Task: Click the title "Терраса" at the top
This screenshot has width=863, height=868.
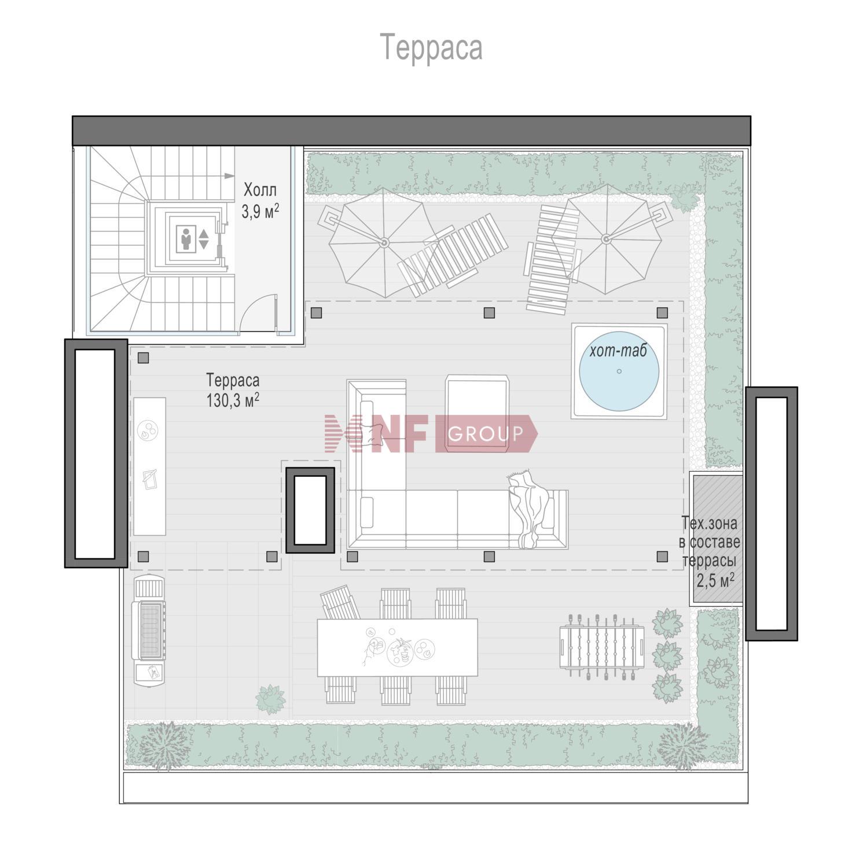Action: [x=431, y=47]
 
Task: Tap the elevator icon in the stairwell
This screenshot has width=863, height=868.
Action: [x=192, y=238]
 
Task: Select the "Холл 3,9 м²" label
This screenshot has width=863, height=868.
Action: [x=260, y=200]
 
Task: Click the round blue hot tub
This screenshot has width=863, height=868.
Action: [x=619, y=371]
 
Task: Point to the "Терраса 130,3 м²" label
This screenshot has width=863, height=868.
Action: [x=233, y=390]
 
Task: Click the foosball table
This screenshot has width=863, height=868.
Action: [x=601, y=643]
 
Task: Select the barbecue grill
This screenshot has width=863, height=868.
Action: [x=149, y=630]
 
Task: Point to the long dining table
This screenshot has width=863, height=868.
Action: [x=398, y=648]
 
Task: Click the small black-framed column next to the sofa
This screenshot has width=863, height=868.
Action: [x=310, y=510]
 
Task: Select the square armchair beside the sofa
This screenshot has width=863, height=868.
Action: [x=478, y=413]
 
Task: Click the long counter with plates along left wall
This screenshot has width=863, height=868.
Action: [x=149, y=466]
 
